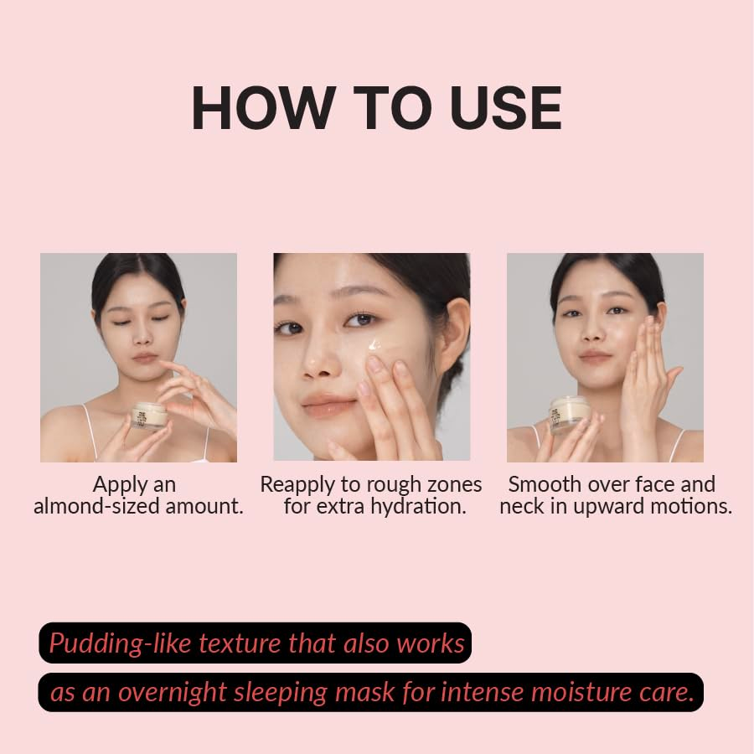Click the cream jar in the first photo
[148, 416]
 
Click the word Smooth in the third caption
[544, 484]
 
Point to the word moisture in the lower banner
[585, 694]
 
